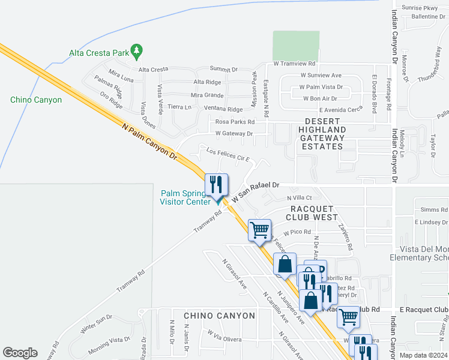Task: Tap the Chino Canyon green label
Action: [x=36, y=100]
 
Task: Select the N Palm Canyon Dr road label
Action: [x=150, y=142]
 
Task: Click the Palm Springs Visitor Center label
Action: [x=185, y=197]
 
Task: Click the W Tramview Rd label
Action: [x=294, y=63]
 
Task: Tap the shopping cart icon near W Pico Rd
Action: [x=260, y=229]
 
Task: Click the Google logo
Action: [x=20, y=353]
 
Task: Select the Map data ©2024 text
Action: [x=422, y=355]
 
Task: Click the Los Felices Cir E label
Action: [x=228, y=156]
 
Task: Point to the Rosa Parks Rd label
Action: [x=235, y=122]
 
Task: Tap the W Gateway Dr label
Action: [x=234, y=133]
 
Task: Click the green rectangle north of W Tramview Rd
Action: [x=296, y=45]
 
